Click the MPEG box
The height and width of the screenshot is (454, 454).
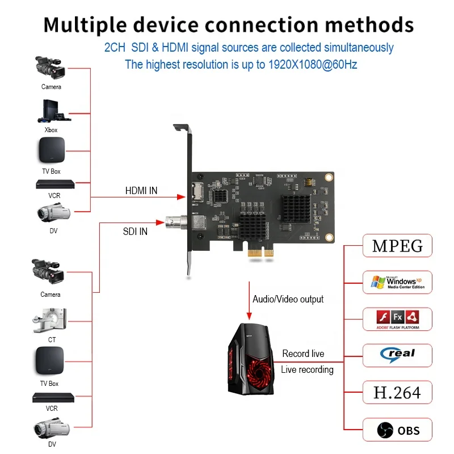[397, 246]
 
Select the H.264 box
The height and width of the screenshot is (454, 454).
[397, 393]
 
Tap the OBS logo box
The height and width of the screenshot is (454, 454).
[397, 430]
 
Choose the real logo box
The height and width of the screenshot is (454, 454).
[397, 355]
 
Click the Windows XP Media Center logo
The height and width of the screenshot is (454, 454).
[397, 282]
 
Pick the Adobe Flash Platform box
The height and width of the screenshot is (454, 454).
[397, 319]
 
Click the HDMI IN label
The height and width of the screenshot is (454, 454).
[141, 191]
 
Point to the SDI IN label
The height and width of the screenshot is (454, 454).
[135, 232]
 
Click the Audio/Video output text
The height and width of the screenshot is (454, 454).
[288, 299]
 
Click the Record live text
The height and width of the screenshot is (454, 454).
[303, 354]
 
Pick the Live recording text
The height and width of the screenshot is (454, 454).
[307, 369]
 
